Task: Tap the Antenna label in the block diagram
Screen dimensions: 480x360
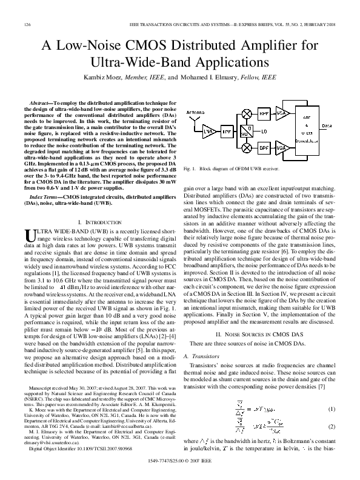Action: coord(195,113)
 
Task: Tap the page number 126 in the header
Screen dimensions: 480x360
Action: coord(27,24)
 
